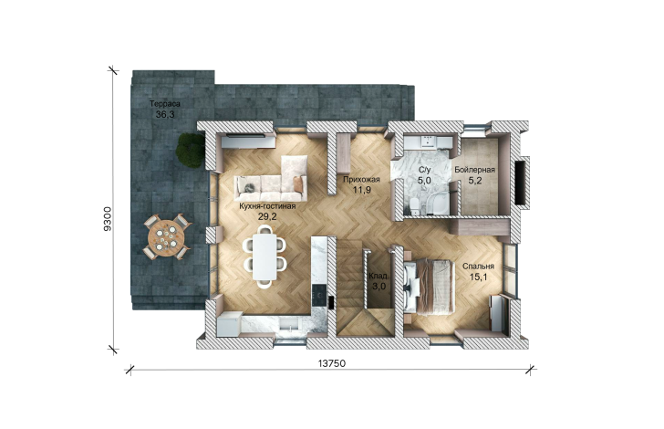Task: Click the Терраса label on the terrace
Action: [165, 104]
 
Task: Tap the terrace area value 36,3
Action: [165, 114]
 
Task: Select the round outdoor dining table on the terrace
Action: [166, 236]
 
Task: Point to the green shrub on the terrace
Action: [190, 150]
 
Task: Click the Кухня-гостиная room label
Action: [267, 206]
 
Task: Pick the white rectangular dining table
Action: [265, 256]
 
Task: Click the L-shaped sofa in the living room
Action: [272, 179]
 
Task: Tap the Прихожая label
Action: [361, 179]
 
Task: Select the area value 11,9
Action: [361, 190]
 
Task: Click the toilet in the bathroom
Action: [415, 205]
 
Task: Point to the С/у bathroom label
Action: [424, 171]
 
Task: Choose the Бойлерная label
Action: [474, 170]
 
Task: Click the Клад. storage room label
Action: [379, 277]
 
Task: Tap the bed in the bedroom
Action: [429, 287]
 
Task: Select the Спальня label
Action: [478, 267]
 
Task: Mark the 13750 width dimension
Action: [332, 363]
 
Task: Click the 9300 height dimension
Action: [108, 219]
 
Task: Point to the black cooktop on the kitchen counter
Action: [318, 292]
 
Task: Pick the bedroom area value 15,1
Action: [478, 277]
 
